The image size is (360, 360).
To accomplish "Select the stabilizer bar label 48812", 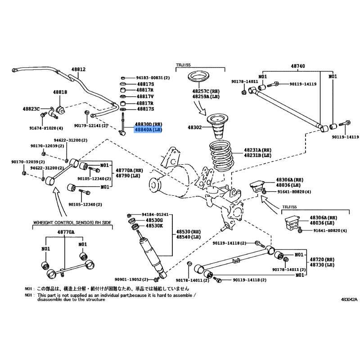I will point(78,70).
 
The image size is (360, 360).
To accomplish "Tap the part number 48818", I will point(60,92).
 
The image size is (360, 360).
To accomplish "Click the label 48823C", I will point(31,108).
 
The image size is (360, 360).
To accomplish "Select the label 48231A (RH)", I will point(258,150).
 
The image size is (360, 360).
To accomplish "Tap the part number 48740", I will point(297,66).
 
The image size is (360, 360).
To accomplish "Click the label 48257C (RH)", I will point(205,91).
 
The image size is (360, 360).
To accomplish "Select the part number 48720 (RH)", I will point(321,260).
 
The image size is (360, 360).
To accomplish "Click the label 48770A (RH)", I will point(129,170).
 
